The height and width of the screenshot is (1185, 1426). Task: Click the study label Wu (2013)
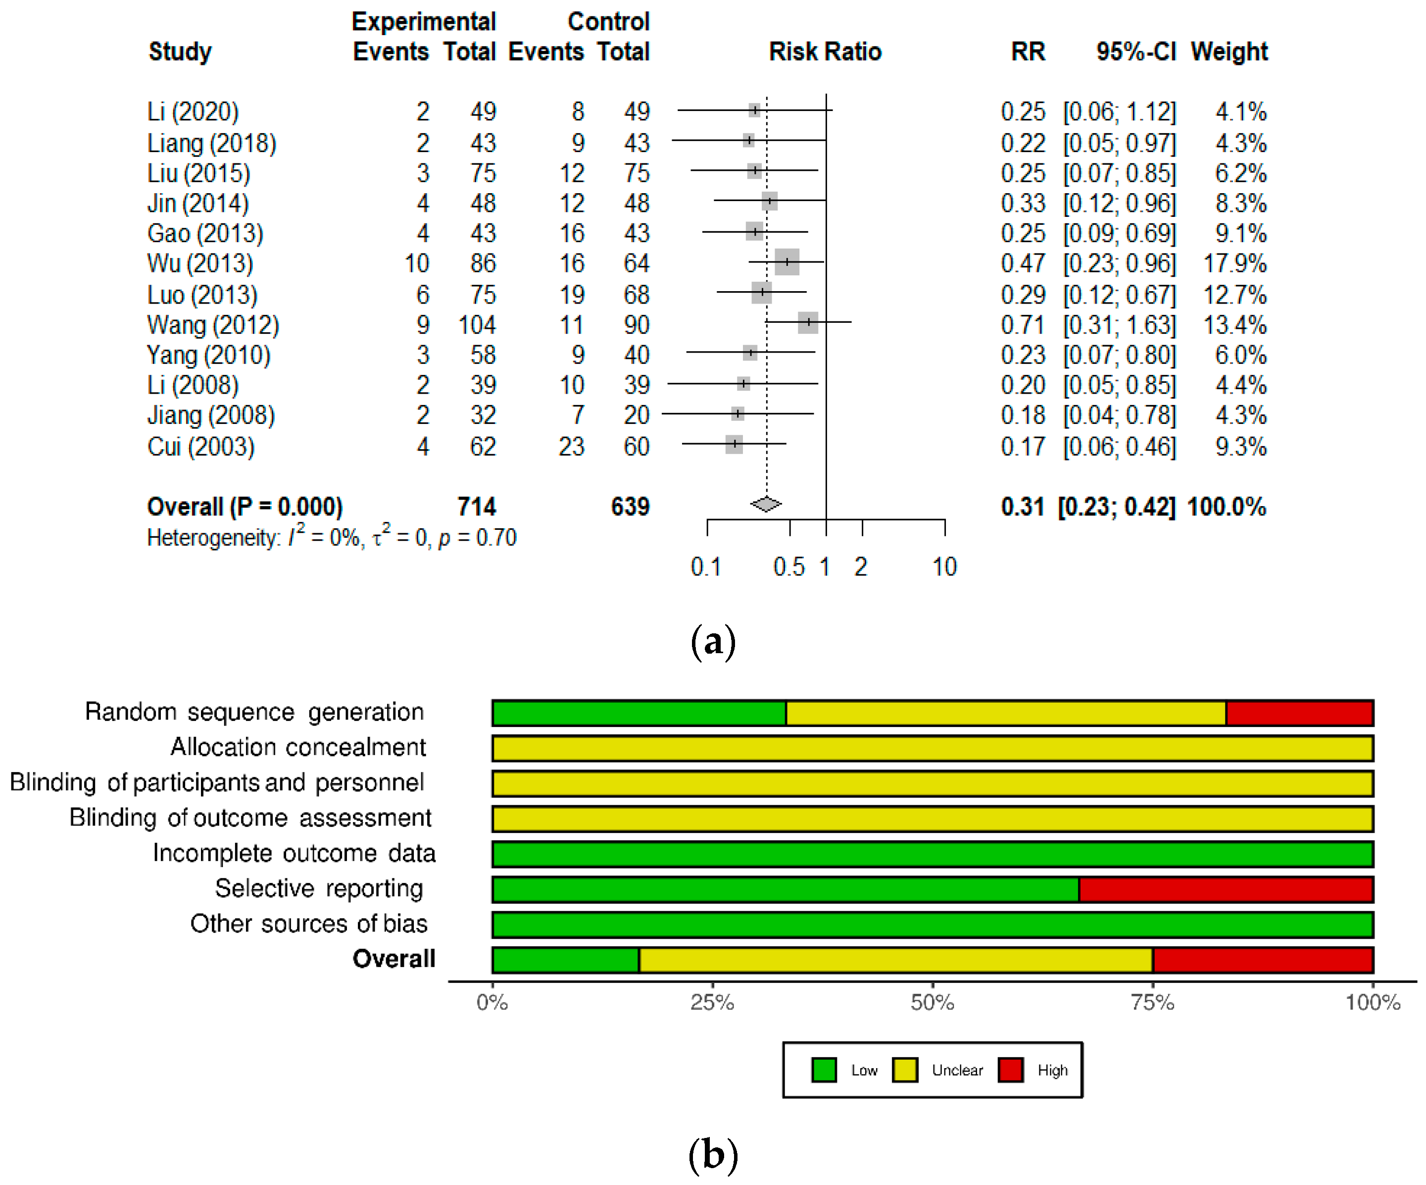point(200,263)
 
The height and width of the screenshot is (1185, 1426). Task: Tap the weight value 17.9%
point(1234,263)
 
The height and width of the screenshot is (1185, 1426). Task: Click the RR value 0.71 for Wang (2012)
point(1022,325)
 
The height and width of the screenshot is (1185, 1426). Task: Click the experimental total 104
point(477,325)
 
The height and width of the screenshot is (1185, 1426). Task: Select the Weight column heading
point(1229,52)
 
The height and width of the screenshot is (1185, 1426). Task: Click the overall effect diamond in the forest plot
point(766,504)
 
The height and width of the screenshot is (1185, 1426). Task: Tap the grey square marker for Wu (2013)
point(787,262)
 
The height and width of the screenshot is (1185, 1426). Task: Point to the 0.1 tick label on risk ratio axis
point(705,567)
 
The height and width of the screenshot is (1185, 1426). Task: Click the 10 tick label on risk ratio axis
point(944,567)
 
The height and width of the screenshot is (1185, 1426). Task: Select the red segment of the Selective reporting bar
point(1226,889)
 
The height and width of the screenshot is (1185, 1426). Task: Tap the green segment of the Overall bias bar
point(565,960)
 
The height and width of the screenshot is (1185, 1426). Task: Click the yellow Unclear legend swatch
point(905,1070)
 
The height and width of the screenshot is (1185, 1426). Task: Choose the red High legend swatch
point(1010,1070)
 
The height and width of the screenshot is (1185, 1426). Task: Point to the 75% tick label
point(1152,1002)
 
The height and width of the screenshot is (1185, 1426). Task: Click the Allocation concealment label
point(298,747)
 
